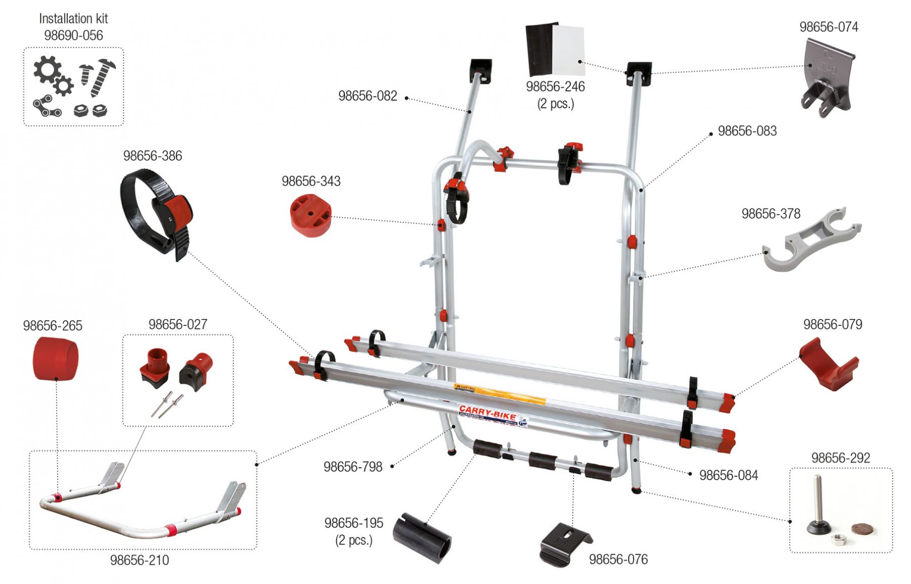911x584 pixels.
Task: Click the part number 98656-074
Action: (x=829, y=27)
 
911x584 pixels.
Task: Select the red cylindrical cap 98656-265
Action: (x=55, y=358)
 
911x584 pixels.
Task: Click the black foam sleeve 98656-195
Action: (x=424, y=538)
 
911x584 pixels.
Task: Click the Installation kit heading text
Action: (x=73, y=19)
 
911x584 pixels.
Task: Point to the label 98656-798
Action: (x=353, y=467)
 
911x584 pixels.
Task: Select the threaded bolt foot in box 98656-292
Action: (x=818, y=506)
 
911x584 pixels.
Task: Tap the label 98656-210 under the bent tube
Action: (x=139, y=560)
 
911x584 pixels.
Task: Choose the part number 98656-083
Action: (x=747, y=131)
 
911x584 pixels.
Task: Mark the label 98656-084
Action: (x=728, y=475)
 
